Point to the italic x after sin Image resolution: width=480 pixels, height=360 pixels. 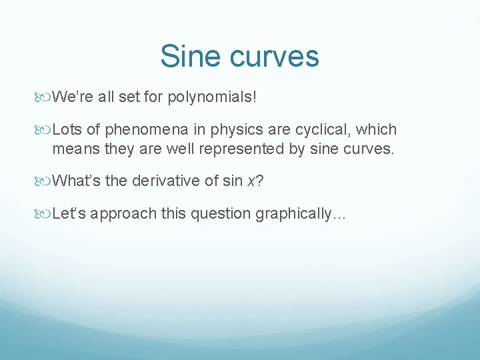(x=251, y=180)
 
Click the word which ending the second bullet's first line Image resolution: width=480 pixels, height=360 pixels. (x=377, y=129)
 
